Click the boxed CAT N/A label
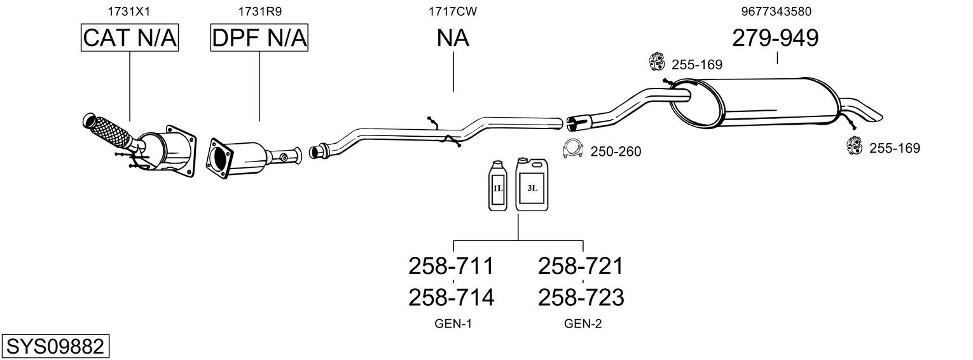130,38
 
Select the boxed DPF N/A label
259,38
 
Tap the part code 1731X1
129,11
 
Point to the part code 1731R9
259,11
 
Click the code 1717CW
453,11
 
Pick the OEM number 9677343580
776,11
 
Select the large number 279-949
775,38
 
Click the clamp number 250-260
616,151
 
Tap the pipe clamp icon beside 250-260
572,149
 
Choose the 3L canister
532,184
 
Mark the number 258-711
452,266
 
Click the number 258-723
581,298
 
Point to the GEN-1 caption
453,324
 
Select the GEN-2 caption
583,324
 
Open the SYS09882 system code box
55,347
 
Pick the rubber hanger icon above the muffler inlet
657,62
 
